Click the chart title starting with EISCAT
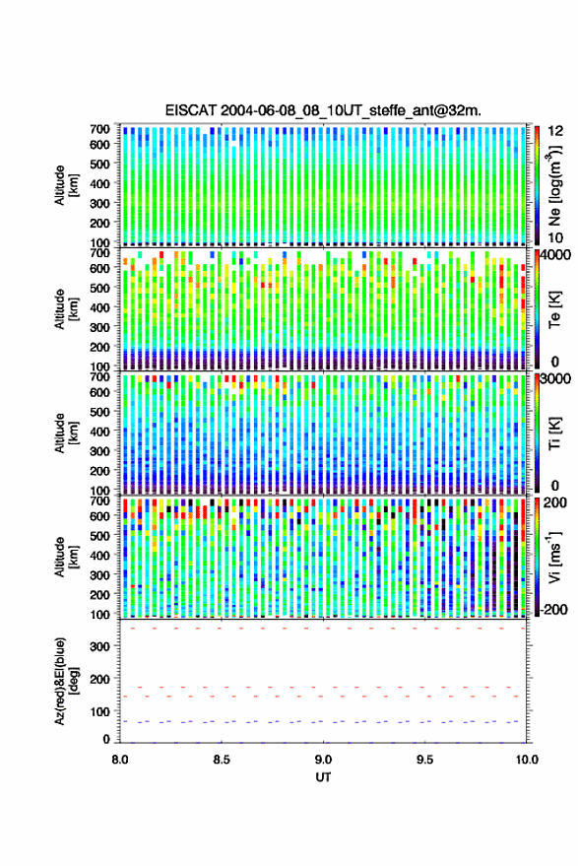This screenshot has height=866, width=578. [323, 110]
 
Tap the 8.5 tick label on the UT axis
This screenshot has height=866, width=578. [222, 760]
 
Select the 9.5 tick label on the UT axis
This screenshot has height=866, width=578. [424, 760]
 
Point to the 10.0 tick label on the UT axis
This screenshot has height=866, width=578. [527, 760]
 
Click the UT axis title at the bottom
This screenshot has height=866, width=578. [323, 777]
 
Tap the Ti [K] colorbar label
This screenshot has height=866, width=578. [554, 433]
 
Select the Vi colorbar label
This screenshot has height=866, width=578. [554, 557]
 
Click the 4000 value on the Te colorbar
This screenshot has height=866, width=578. [555, 255]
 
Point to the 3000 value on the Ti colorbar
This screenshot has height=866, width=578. [555, 379]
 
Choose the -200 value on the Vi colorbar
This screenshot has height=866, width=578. [553, 610]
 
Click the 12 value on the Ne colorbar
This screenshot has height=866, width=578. [555, 131]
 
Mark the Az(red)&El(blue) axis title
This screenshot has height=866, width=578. [65, 682]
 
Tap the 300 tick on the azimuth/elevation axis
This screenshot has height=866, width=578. [99, 646]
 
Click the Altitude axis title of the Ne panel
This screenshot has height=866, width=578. [65, 185]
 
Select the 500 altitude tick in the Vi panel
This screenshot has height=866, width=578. [99, 535]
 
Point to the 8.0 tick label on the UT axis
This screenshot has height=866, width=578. [120, 760]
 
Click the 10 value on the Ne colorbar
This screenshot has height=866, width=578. [555, 238]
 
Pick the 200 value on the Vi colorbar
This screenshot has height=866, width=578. [554, 502]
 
